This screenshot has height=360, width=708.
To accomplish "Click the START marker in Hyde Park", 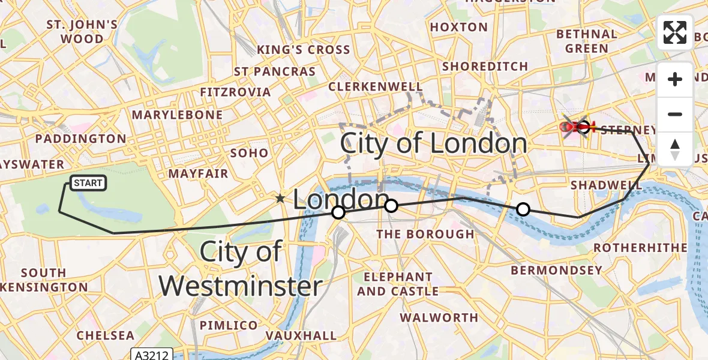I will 89,183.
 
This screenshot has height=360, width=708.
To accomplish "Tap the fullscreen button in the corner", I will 675,32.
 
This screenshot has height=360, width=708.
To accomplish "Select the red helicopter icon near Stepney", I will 575,127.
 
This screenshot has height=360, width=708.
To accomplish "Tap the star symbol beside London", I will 280,199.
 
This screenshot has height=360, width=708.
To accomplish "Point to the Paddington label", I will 80,139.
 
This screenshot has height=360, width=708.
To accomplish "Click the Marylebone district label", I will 177,115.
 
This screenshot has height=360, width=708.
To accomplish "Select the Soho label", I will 249,153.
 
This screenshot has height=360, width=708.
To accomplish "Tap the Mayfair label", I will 198,174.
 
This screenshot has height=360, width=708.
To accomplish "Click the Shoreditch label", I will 485,67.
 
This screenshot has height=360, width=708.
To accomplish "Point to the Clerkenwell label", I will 376,87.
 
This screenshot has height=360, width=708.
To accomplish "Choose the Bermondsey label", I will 556,271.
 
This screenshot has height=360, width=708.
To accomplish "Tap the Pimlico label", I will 229,325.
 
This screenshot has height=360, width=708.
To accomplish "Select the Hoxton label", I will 459,27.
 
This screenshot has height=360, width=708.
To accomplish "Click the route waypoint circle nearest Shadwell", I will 523,209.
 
